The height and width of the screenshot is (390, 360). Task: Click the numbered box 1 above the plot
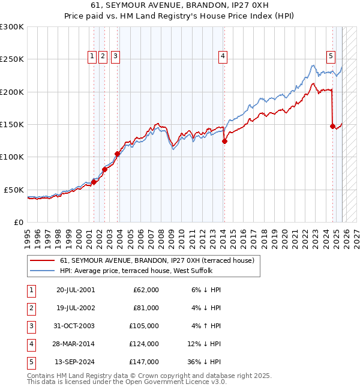(92, 56)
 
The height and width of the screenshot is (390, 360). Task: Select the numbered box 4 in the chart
(223, 56)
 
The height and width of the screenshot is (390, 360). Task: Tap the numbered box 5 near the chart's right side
(331, 56)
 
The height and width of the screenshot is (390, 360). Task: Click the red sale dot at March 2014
(224, 142)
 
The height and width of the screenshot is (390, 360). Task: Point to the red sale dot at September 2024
(332, 126)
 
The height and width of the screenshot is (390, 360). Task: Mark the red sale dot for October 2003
(118, 154)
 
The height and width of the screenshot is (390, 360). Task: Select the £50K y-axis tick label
(14, 190)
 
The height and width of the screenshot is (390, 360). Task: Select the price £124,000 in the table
(145, 344)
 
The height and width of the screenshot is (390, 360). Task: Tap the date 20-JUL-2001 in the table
(75, 290)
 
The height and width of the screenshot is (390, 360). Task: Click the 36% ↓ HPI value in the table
(205, 362)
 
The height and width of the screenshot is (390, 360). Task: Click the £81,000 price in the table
(146, 308)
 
